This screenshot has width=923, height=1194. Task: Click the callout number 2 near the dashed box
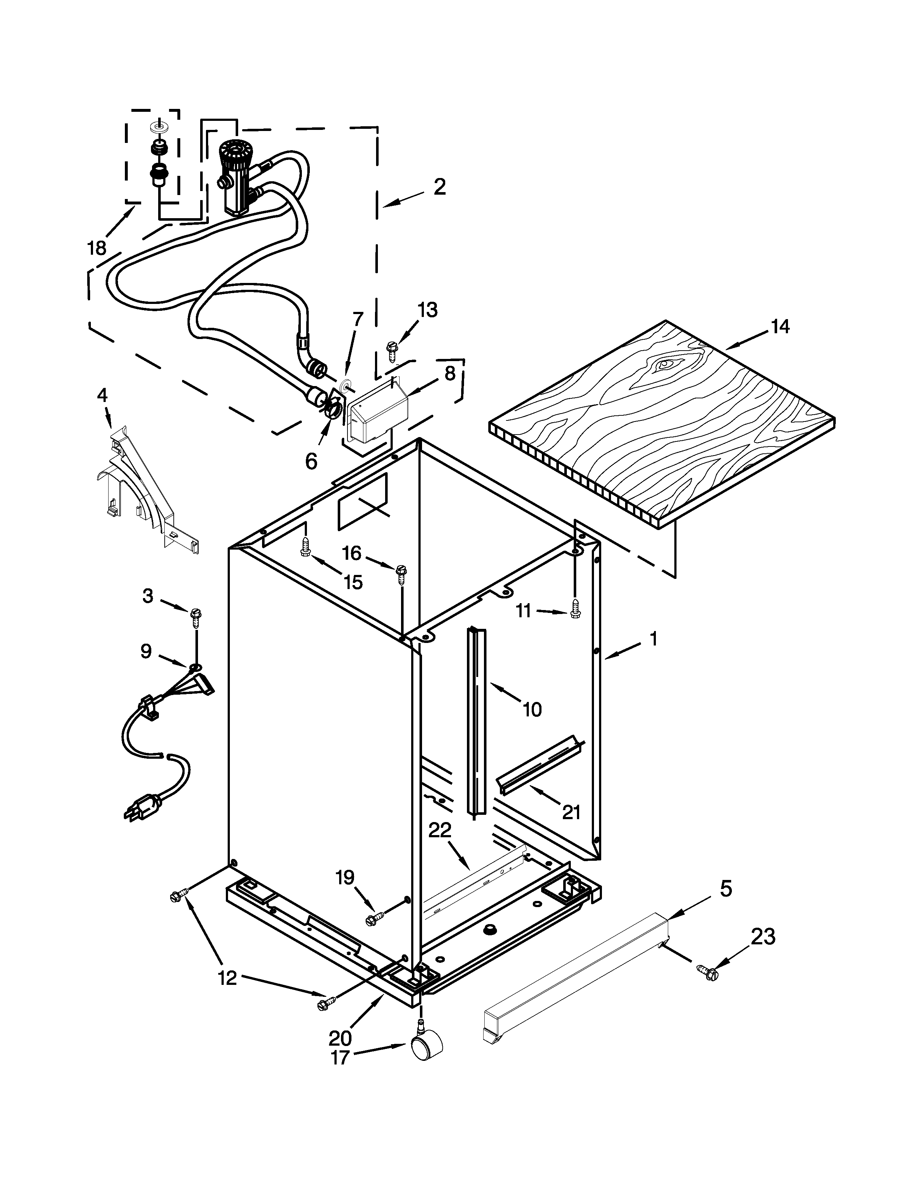pyautogui.click(x=439, y=187)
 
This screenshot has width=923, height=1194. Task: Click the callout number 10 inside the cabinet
pyautogui.click(x=531, y=710)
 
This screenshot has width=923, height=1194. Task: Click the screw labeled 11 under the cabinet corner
pyautogui.click(x=574, y=609)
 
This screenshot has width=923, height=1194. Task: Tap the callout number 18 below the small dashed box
pyautogui.click(x=97, y=248)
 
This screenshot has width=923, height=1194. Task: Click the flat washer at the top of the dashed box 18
pyautogui.click(x=159, y=127)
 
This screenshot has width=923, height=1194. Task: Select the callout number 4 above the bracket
pyautogui.click(x=102, y=395)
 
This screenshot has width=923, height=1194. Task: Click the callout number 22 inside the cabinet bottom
pyautogui.click(x=440, y=830)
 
